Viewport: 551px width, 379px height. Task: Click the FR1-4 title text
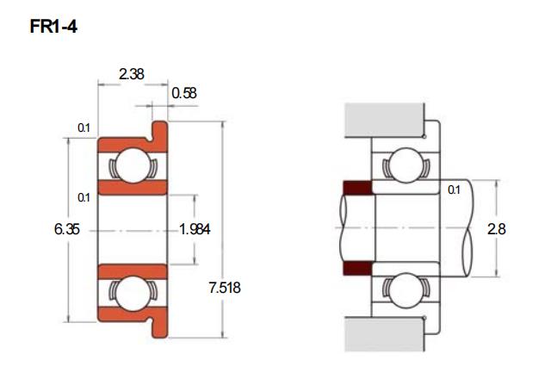[x=53, y=27]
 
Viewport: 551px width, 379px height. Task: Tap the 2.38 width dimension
[x=132, y=74]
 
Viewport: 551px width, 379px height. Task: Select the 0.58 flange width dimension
[x=184, y=93]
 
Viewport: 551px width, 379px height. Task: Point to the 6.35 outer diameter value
[x=67, y=229]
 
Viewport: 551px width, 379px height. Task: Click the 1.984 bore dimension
[x=195, y=229]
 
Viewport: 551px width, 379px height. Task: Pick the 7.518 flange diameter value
[x=225, y=288]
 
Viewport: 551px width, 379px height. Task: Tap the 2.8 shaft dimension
[x=497, y=229]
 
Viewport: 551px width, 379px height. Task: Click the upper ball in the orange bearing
[x=133, y=165]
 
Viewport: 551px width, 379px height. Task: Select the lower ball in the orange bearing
[x=133, y=294]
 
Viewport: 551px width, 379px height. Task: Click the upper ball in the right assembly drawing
[x=406, y=165]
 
